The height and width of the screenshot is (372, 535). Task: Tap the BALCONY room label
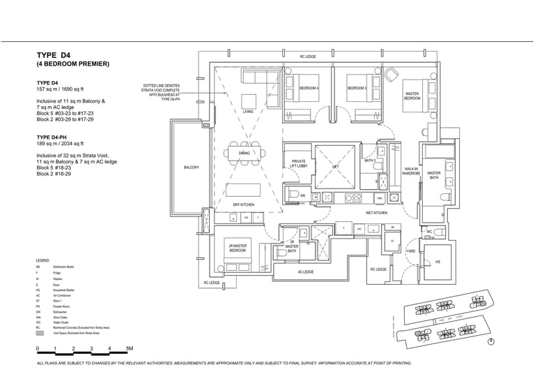191,168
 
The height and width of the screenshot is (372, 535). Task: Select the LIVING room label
248,112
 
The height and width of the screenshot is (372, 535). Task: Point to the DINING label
244,153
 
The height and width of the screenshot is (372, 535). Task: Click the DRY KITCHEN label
243,204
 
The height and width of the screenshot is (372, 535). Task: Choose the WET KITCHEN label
376,212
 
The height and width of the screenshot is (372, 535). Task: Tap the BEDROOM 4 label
309,89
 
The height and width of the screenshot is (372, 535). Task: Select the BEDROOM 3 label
357,89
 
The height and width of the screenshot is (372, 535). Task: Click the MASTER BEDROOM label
412,96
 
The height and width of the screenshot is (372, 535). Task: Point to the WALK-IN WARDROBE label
411,171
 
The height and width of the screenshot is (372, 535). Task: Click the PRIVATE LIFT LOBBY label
298,165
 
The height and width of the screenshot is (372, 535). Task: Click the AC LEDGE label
306,272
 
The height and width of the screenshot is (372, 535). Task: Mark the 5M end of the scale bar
129,348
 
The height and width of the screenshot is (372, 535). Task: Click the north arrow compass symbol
492,341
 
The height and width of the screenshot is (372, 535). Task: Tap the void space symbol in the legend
39,334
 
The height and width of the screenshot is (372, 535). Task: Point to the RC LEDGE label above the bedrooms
308,56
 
